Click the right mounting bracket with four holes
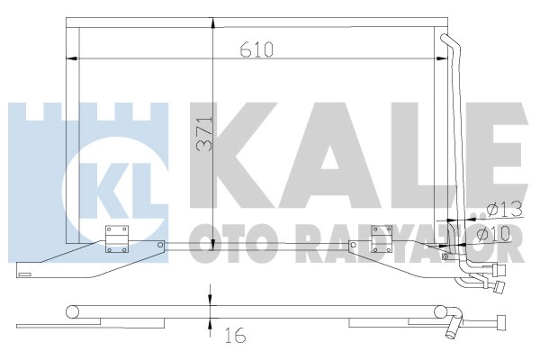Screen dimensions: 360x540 [382, 237]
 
